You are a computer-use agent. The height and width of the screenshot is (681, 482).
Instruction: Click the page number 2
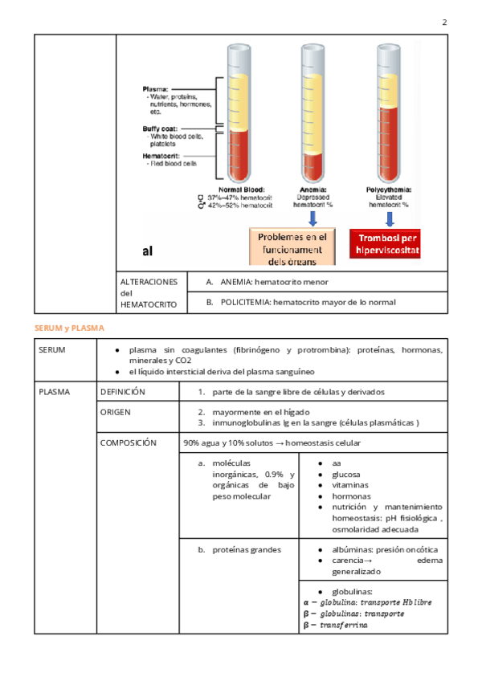coord(444,22)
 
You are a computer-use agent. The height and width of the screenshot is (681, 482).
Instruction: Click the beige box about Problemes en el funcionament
coord(292,248)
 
